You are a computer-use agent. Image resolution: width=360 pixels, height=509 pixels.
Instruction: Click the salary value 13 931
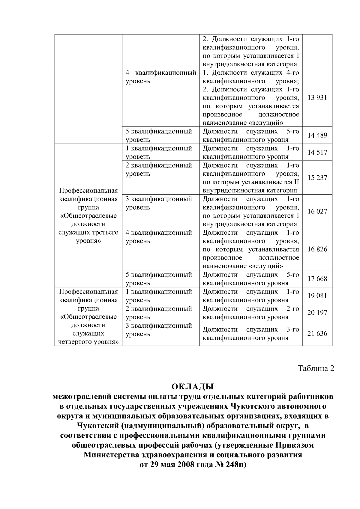click(x=317, y=98)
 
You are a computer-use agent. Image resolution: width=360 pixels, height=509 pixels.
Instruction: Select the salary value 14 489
click(x=317, y=135)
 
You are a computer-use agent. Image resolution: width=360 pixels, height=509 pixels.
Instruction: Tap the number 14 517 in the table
click(x=317, y=153)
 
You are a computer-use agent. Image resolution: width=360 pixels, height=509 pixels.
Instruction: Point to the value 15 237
click(x=317, y=178)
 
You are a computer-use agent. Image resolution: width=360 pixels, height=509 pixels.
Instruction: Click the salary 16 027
click(x=317, y=212)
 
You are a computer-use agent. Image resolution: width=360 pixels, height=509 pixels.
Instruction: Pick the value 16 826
click(x=317, y=249)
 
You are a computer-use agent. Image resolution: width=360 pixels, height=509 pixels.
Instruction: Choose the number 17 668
click(x=317, y=279)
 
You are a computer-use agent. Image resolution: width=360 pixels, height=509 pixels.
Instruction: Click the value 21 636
click(x=317, y=334)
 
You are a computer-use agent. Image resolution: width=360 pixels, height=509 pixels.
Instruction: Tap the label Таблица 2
click(x=316, y=369)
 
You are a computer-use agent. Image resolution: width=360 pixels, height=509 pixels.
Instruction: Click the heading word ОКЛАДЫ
click(x=192, y=386)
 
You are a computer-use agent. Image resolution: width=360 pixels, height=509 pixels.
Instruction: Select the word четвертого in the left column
click(x=76, y=342)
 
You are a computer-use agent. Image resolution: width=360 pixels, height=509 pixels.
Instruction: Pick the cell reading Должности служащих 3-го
click(x=250, y=330)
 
